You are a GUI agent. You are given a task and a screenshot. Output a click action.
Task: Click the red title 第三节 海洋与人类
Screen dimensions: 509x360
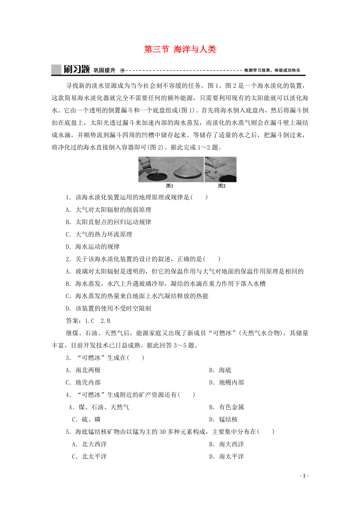tap(180, 49)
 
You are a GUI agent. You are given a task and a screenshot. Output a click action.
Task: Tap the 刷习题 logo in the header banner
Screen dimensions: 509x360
tap(76, 70)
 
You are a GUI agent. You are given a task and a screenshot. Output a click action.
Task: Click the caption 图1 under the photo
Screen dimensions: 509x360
tap(169, 186)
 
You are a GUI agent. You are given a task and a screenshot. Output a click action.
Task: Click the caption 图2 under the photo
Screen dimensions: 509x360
tap(221, 186)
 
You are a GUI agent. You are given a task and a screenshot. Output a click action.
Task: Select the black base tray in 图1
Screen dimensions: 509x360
tap(155, 176)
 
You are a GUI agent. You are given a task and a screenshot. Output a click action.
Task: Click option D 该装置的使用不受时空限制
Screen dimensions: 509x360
tap(108, 308)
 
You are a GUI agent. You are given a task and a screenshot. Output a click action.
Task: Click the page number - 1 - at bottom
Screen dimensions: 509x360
tap(304, 476)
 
